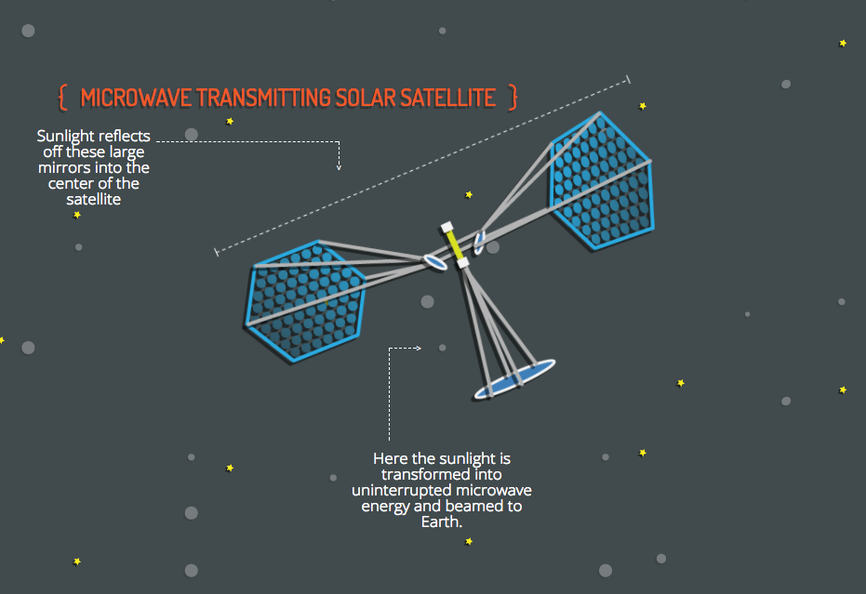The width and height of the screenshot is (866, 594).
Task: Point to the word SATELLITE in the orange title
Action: [449, 98]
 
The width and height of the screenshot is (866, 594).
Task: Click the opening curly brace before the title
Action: [62, 97]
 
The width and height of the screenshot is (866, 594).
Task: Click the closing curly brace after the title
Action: [513, 97]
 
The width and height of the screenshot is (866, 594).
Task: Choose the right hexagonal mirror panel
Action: [601, 180]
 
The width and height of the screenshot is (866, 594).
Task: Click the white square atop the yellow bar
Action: [446, 226]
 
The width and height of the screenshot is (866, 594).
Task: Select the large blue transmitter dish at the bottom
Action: [514, 379]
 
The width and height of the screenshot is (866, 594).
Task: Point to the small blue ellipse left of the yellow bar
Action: [434, 262]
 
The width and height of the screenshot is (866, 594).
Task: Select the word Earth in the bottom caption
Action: [442, 521]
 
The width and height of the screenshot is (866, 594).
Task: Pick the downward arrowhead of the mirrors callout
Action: [340, 167]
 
